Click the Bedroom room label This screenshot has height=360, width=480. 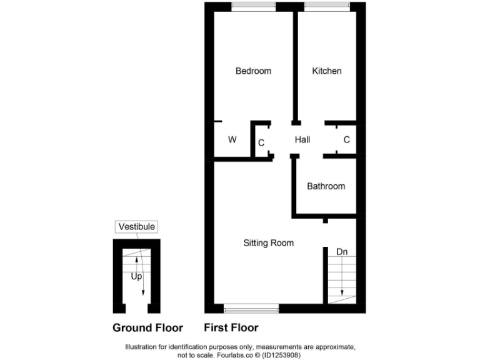pyautogui.click(x=253, y=71)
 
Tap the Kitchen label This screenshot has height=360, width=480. pyautogui.click(x=327, y=71)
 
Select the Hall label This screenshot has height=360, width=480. pyautogui.click(x=302, y=140)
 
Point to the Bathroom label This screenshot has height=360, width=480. pyautogui.click(x=326, y=186)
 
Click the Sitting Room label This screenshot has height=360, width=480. pyautogui.click(x=268, y=243)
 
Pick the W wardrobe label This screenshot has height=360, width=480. pyautogui.click(x=232, y=140)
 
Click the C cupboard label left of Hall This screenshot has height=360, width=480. pyautogui.click(x=261, y=143)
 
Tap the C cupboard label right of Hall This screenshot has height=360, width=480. pyautogui.click(x=346, y=140)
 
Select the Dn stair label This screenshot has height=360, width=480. pyautogui.click(x=342, y=252)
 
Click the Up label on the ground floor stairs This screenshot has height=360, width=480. pyautogui.click(x=136, y=275)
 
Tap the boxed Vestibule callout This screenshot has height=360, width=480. pyautogui.click(x=137, y=227)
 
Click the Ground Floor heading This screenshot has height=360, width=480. pyautogui.click(x=147, y=327)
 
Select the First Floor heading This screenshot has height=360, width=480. pyautogui.click(x=231, y=327)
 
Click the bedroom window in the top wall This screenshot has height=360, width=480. pyautogui.click(x=253, y=6)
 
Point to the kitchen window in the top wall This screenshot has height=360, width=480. pyautogui.click(x=327, y=6)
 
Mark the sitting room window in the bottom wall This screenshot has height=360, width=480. pyautogui.click(x=251, y=308)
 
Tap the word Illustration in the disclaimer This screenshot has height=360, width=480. pyautogui.click(x=143, y=347)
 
